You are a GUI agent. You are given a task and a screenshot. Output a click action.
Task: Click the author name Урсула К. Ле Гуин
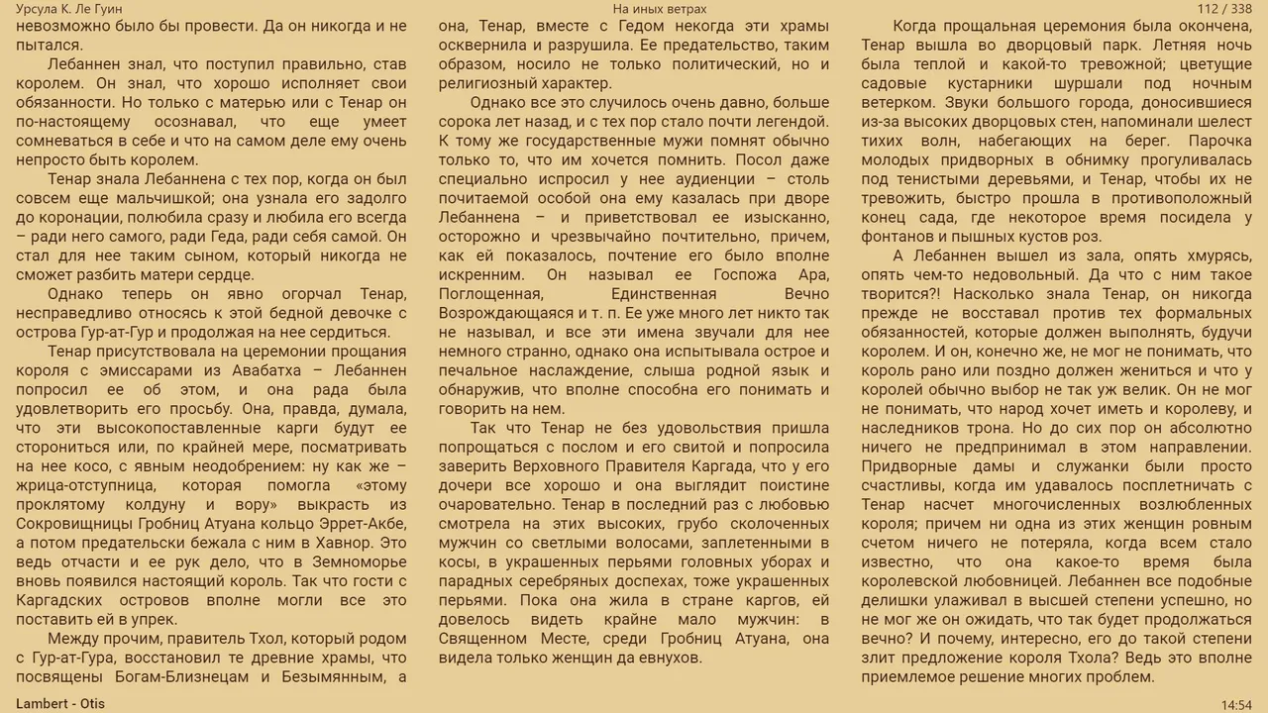[69, 9]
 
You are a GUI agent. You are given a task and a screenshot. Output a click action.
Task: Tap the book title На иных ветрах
[660, 9]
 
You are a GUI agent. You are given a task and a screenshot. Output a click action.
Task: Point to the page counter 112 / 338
[1224, 9]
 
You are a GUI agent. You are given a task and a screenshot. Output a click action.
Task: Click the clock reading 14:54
[1236, 705]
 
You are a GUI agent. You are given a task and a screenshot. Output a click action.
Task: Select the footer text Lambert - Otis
[60, 704]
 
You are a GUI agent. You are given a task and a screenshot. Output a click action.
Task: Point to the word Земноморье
[358, 562]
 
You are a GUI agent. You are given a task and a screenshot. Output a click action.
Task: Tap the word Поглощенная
[490, 294]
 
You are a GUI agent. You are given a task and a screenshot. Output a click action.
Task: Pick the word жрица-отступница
[81, 485]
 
